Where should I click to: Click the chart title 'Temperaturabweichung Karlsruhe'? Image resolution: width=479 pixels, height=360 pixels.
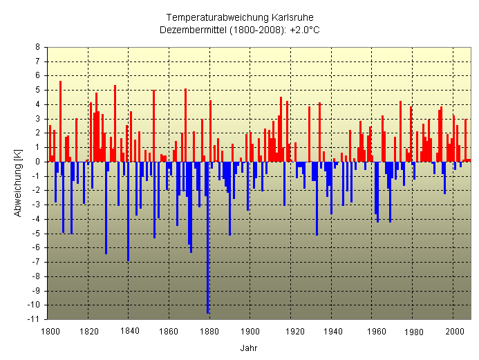click(x=240, y=17)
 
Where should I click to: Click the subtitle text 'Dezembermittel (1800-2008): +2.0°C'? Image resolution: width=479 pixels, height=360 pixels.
click(x=240, y=30)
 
